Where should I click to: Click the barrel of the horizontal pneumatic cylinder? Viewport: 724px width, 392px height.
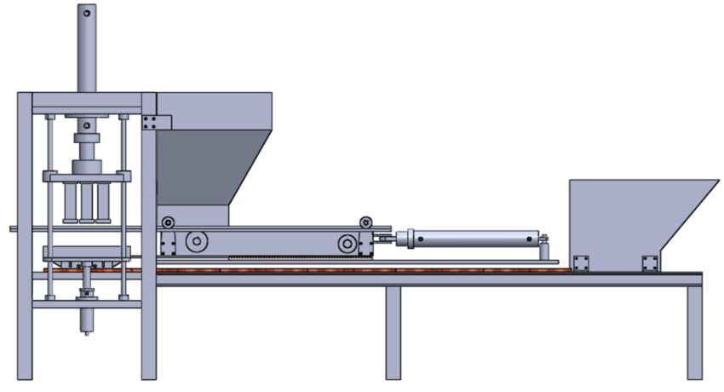click(x=473, y=239)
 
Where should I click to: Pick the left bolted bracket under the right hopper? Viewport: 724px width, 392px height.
click(x=581, y=263)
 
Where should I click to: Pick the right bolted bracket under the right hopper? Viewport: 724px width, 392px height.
click(x=650, y=263)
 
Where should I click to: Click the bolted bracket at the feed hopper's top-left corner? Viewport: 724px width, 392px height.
click(x=150, y=122)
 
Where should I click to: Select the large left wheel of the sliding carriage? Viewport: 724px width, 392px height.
click(x=196, y=244)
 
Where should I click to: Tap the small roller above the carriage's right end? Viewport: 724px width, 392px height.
click(x=366, y=222)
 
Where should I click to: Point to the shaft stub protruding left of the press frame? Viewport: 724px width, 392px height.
click(x=12, y=228)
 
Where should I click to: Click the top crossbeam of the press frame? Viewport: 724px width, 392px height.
click(x=85, y=99)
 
